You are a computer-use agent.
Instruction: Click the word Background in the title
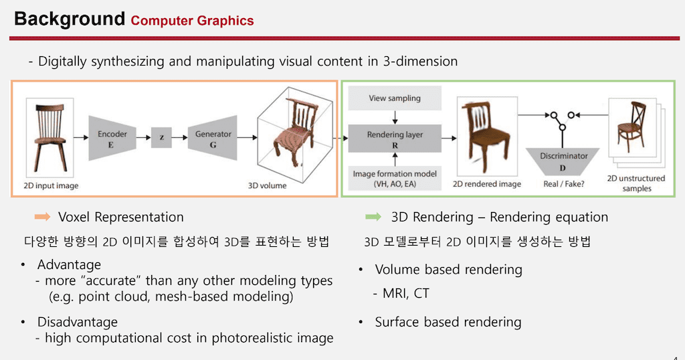(69, 18)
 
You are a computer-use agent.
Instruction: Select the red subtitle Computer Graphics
(192, 21)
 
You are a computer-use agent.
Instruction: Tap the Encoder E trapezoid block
(112, 138)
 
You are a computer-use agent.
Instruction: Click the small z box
(161, 139)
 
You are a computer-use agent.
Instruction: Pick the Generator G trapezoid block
(213, 138)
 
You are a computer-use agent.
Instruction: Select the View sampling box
(395, 98)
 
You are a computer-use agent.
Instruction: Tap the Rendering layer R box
(395, 139)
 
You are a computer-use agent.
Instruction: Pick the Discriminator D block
(563, 160)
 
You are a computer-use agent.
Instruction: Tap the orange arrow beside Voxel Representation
(42, 217)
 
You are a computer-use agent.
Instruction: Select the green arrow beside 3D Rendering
(373, 217)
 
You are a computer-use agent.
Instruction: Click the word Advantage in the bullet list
(69, 265)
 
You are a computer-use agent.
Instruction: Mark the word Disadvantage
(77, 323)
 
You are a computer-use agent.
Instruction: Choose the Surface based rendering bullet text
(448, 322)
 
